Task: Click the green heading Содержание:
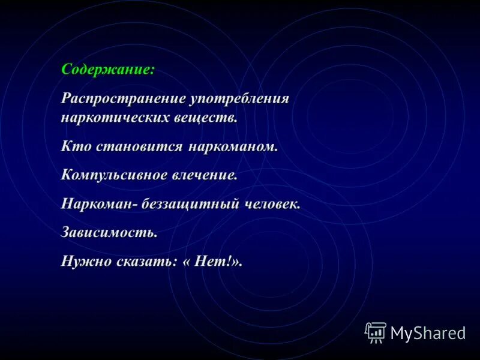tap(108, 69)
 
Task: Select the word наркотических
tap(112, 117)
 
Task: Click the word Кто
tap(74, 146)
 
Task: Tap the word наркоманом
tap(233, 146)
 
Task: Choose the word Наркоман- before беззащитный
tap(100, 203)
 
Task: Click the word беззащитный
tap(193, 203)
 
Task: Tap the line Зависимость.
tap(109, 232)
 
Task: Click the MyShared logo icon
tap(376, 332)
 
